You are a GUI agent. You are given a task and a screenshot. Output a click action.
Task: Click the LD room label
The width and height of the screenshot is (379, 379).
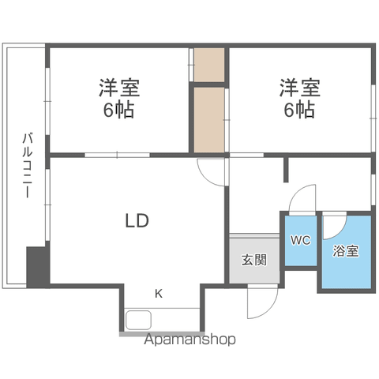tap(137, 220)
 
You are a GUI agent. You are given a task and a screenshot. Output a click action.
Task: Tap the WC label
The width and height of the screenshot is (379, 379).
tap(301, 240)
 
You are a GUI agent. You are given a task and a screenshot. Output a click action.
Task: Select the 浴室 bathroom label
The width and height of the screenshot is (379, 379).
tap(346, 251)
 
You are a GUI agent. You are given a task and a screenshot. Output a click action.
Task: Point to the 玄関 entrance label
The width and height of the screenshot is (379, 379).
tap(254, 260)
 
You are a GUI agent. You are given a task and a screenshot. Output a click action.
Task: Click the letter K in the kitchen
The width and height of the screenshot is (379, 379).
tap(159, 294)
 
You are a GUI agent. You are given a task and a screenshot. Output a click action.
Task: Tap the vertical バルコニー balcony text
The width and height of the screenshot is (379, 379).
tap(28, 165)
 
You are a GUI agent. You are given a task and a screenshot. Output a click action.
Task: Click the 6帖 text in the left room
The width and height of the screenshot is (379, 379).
tap(118, 110)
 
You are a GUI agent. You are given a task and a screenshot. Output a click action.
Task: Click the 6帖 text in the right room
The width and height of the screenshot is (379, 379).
tap(299, 110)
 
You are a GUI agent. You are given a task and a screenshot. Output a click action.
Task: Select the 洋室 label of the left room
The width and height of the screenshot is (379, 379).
tap(119, 88)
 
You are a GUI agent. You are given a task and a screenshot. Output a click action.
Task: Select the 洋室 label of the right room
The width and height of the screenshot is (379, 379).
tap(300, 88)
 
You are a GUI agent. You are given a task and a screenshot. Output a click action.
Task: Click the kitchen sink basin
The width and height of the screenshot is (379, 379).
tap(138, 320)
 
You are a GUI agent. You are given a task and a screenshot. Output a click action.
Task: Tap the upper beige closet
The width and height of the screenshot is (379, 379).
tap(209, 65)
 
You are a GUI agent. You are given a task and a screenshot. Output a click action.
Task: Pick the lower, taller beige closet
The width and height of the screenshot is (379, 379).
tap(209, 119)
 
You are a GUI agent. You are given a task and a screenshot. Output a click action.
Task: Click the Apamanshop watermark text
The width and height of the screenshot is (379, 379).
tap(189, 340)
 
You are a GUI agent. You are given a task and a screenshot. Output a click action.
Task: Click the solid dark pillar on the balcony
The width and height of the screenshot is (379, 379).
tap(38, 267)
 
